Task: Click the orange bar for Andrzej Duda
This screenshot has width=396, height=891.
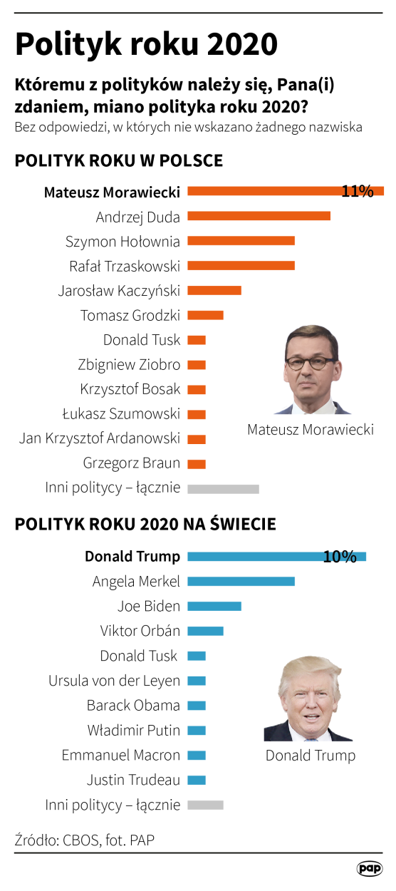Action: pyautogui.click(x=259, y=216)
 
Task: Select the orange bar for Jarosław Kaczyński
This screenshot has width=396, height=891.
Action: pyautogui.click(x=214, y=290)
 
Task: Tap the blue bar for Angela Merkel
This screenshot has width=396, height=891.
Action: pyautogui.click(x=241, y=582)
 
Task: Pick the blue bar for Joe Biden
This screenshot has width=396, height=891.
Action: pyautogui.click(x=214, y=607)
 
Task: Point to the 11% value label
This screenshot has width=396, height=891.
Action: pyautogui.click(x=358, y=191)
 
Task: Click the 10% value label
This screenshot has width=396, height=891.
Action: pyautogui.click(x=340, y=557)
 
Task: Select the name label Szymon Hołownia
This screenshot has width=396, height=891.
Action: pyautogui.click(x=123, y=241)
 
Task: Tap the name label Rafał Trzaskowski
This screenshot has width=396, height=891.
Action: pyautogui.click(x=124, y=266)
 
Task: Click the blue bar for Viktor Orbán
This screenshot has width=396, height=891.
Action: pyautogui.click(x=205, y=631)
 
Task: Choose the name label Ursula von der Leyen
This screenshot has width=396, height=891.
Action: pyautogui.click(x=114, y=681)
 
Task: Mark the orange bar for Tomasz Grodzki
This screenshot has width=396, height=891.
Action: pyautogui.click(x=205, y=315)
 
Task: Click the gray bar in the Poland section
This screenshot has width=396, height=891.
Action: pyautogui.click(x=223, y=488)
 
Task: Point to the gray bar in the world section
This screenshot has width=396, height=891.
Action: pyautogui.click(x=205, y=805)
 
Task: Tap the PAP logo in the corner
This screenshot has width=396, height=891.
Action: pyautogui.click(x=370, y=868)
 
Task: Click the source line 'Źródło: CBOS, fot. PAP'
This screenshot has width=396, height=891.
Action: pyautogui.click(x=84, y=840)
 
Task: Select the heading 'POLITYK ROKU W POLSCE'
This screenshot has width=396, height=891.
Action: pyautogui.click(x=118, y=160)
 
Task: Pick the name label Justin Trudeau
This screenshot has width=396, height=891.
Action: pyautogui.click(x=133, y=780)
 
